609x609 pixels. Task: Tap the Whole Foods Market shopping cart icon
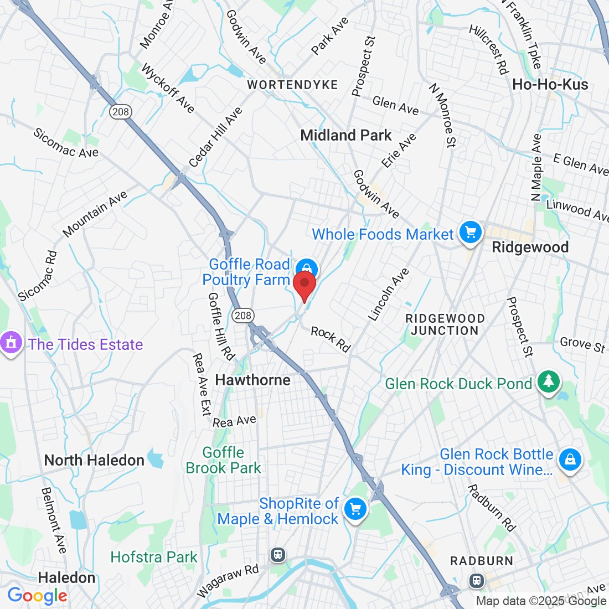click(x=470, y=233)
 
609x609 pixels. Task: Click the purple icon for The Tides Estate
click(x=11, y=343)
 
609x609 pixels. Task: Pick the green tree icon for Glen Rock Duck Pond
click(x=548, y=383)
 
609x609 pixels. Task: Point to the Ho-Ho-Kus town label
click(x=550, y=85)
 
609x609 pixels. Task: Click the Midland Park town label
click(x=345, y=135)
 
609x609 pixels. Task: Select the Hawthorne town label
click(x=252, y=380)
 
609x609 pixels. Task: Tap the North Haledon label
click(x=94, y=460)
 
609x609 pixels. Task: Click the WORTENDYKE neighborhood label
click(x=292, y=85)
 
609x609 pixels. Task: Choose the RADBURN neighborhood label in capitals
click(x=482, y=561)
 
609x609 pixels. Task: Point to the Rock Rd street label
click(x=331, y=339)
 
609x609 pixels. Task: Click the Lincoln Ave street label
click(x=389, y=295)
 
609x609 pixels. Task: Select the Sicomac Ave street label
click(x=65, y=143)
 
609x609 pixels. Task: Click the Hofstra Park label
click(x=154, y=557)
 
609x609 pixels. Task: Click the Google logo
click(x=37, y=596)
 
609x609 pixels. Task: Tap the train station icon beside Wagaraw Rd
click(x=278, y=554)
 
